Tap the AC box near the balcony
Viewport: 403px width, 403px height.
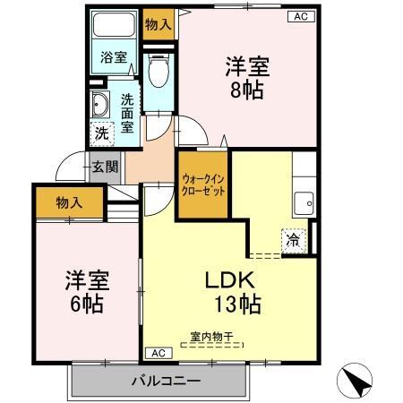[x=157, y=353]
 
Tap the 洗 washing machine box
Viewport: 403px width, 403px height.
[x=101, y=131]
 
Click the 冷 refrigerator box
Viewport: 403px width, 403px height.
[x=293, y=239]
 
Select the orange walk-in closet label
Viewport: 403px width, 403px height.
[x=203, y=185]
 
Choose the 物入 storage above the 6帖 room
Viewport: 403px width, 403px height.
[x=69, y=201]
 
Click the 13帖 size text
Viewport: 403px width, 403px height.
[x=236, y=304]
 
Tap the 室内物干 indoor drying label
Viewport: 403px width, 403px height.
[x=210, y=336]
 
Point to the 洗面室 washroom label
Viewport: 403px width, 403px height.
[x=127, y=114]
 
